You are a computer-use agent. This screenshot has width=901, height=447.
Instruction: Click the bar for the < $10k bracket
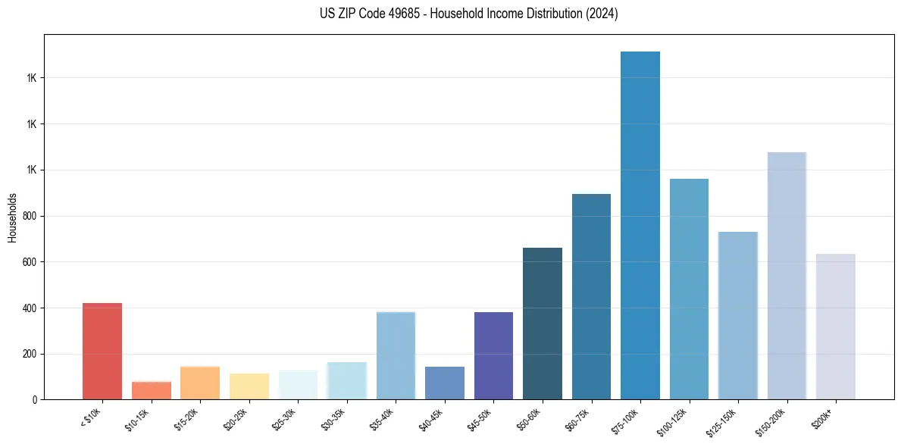click(102, 352)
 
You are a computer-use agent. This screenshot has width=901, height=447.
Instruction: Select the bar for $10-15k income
click(151, 390)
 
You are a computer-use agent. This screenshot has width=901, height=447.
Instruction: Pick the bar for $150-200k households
click(787, 276)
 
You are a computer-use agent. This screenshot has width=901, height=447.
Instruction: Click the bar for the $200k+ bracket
click(836, 327)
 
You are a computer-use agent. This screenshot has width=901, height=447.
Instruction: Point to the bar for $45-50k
click(493, 356)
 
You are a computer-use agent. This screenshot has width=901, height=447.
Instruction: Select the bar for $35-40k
click(396, 356)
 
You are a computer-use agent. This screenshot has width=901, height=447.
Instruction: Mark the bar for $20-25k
click(249, 386)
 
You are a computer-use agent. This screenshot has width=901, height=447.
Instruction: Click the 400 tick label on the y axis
click(30, 308)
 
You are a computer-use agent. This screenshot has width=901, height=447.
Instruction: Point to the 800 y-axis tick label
click(30, 216)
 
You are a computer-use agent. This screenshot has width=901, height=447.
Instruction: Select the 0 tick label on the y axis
click(36, 400)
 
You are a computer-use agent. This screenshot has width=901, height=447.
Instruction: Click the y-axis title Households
click(12, 217)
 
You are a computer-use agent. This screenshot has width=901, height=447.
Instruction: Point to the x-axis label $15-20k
click(187, 418)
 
